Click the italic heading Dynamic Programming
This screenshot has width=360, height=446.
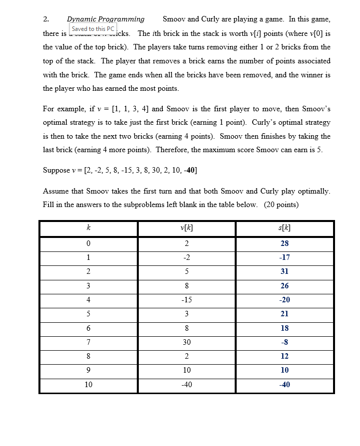106,19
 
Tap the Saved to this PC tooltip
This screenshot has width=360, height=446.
93,29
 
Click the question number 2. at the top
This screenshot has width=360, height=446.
46,19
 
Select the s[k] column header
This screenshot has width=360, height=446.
285,228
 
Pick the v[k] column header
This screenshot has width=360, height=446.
186,228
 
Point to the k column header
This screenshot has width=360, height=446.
88,228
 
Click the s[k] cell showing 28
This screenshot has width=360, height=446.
285,243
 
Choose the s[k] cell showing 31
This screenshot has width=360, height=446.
285,271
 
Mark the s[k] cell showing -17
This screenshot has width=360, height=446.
285,257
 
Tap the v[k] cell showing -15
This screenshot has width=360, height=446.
186,300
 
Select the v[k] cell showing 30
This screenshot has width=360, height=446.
186,342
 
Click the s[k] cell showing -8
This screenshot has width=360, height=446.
285,342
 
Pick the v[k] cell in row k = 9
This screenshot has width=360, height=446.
186,370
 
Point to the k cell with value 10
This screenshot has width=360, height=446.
88,384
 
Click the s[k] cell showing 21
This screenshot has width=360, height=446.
285,314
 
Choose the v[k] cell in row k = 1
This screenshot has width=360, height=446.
186,257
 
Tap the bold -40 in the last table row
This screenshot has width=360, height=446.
285,384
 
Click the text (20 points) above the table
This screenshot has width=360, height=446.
281,205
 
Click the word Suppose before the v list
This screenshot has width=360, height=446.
56,171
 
